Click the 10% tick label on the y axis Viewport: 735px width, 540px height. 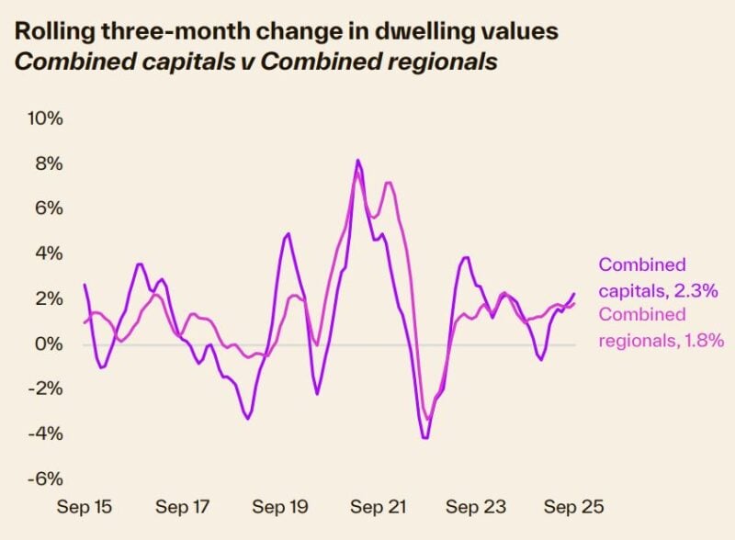click(x=44, y=118)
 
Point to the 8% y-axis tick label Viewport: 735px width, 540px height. click(x=48, y=163)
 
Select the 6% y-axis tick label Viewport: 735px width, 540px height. click(x=48, y=208)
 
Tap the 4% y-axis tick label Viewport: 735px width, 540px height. click(x=48, y=253)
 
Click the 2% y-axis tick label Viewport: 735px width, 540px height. click(x=48, y=298)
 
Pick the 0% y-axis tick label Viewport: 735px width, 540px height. click(x=48, y=343)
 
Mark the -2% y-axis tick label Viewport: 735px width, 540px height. click(x=45, y=388)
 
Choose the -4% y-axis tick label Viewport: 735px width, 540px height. click(x=45, y=433)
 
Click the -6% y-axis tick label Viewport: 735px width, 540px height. click(x=45, y=478)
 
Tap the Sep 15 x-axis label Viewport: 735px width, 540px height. click(x=84, y=506)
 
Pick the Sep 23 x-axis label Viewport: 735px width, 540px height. click(x=476, y=506)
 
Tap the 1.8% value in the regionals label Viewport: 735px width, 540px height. click(x=704, y=340)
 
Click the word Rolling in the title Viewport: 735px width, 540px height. click(x=49, y=29)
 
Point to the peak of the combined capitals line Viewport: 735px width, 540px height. click(x=357, y=161)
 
